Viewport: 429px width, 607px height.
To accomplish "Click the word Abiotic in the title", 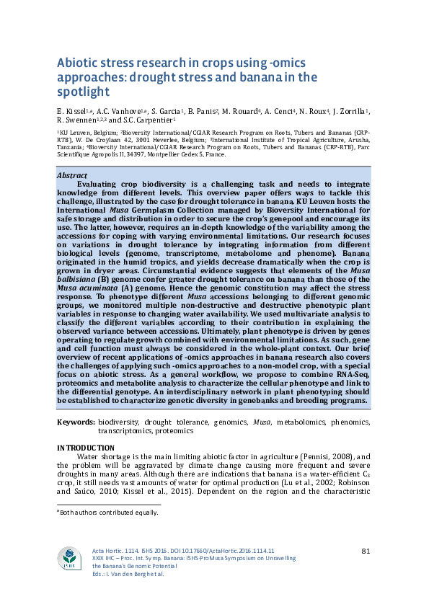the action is (76, 63).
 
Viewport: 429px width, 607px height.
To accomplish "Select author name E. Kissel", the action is (70, 111).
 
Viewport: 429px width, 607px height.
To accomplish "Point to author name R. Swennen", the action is (76, 120).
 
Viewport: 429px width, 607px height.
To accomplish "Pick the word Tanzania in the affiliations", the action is (74, 147).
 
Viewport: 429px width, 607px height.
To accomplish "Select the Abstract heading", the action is (72, 176).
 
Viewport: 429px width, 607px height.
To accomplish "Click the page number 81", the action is (366, 551).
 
